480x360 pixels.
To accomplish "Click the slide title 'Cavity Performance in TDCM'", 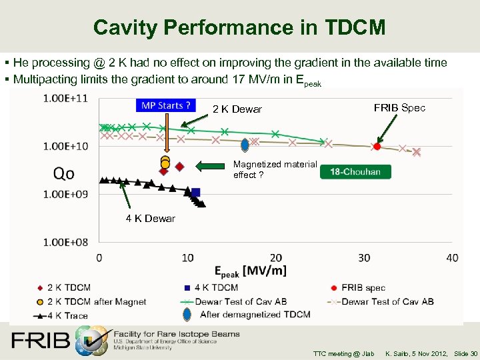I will [239, 27].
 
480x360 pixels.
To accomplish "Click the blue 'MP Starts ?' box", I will [166, 105].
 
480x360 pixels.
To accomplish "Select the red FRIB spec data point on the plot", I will [377, 146].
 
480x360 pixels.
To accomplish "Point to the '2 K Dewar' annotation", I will [237, 109].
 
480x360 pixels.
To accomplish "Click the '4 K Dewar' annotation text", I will [151, 219].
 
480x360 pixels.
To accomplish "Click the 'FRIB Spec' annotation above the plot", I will [399, 108].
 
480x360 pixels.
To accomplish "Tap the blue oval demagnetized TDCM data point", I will [245, 145].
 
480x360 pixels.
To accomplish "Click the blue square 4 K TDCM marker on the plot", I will [195, 192].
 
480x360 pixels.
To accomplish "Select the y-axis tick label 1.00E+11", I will [65, 98].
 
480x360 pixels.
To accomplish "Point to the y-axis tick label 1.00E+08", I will [65, 242].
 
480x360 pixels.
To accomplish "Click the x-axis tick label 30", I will [364, 258].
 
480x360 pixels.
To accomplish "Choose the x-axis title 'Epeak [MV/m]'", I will [250, 270].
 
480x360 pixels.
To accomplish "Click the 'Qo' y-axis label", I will [64, 173].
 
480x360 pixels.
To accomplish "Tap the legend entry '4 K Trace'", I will [67, 315].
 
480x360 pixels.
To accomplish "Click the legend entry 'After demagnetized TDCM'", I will [255, 315].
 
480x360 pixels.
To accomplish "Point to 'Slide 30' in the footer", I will [465, 353].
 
